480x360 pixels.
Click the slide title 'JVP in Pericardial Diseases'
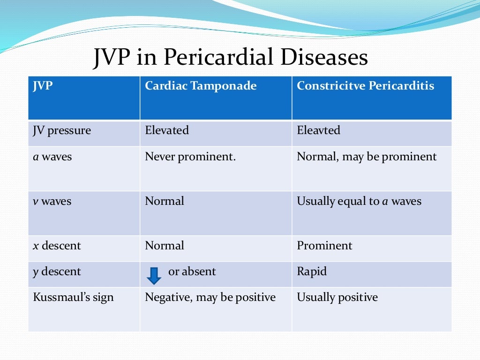[x=230, y=58]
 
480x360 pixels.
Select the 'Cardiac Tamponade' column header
[x=201, y=86]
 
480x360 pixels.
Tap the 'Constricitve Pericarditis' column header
[x=365, y=86]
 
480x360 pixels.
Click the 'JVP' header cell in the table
[x=43, y=86]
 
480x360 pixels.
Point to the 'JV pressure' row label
[x=61, y=130]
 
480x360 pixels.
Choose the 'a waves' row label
[x=52, y=157]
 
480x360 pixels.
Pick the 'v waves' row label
[x=52, y=202]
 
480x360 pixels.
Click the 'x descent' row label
[x=57, y=246]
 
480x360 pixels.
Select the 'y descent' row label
[x=57, y=272]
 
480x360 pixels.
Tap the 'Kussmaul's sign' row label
[x=73, y=298]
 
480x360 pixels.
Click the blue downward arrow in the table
[x=154, y=275]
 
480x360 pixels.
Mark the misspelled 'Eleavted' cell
[x=319, y=130]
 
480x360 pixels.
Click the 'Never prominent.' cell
[x=190, y=157]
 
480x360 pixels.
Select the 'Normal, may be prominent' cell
[x=367, y=157]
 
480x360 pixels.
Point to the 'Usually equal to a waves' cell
[x=359, y=202]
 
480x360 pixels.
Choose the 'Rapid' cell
[x=312, y=272]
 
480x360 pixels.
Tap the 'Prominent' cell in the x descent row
[x=324, y=246]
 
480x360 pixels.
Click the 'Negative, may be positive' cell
[x=210, y=298]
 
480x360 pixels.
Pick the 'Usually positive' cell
[x=337, y=298]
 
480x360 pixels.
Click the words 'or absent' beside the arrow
[x=192, y=272]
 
